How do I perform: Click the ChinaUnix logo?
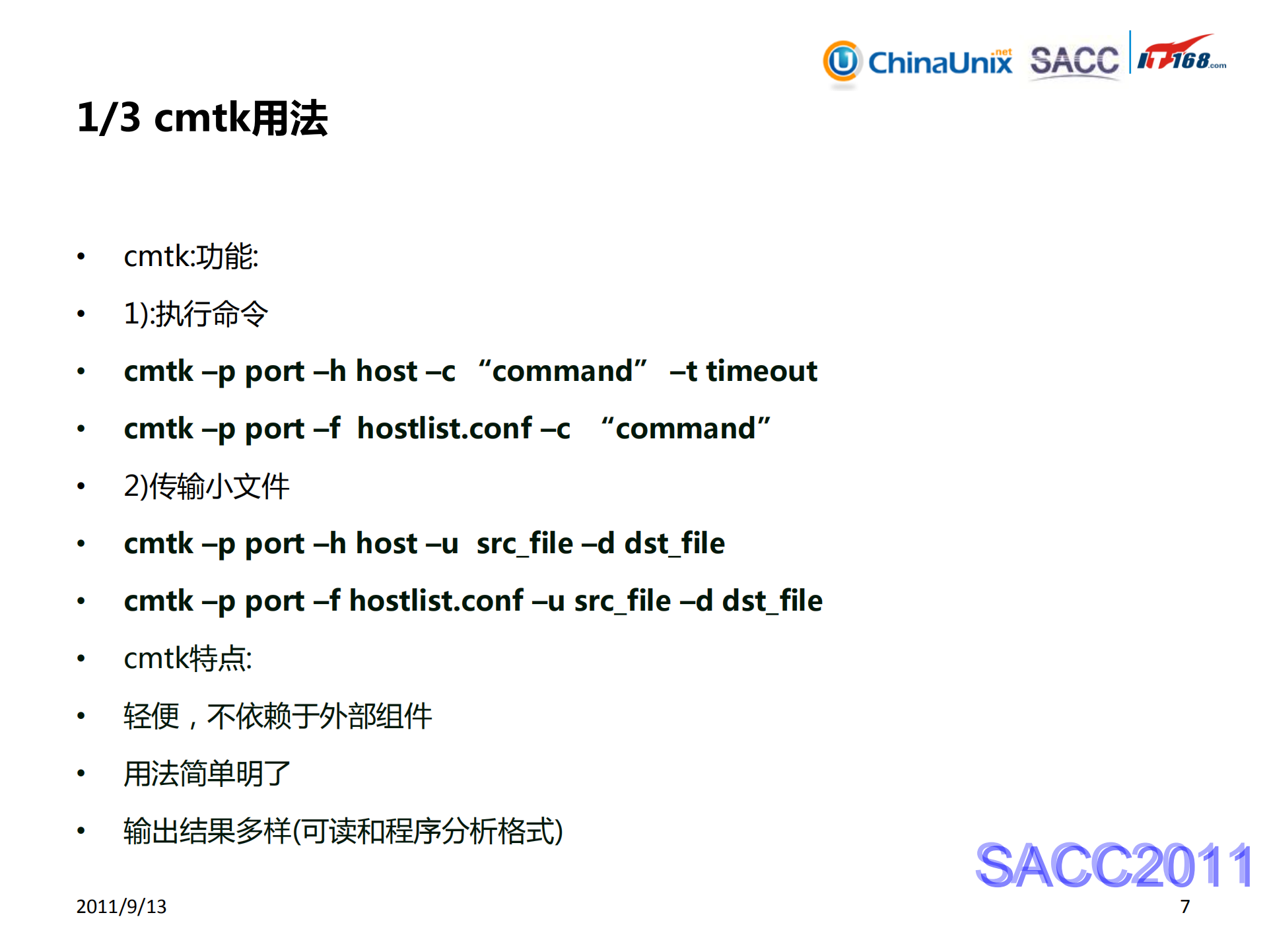pos(918,62)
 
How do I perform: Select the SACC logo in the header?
pos(1074,61)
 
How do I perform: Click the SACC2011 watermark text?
pos(1113,865)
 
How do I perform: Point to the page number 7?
pos(1185,906)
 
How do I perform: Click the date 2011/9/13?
pos(121,906)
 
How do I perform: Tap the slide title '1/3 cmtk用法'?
pos(202,118)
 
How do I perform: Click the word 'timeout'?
pos(761,371)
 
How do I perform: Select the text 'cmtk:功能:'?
pos(191,256)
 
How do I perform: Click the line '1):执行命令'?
pos(195,314)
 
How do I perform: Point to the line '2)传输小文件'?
pos(206,487)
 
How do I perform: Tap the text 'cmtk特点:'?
pos(188,658)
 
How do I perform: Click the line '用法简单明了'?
pos(207,774)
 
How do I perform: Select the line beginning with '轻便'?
pos(277,716)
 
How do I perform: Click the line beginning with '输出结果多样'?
pos(343,831)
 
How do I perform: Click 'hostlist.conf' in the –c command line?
pos(444,428)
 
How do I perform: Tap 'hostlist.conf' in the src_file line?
pos(436,601)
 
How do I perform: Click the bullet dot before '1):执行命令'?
pos(81,314)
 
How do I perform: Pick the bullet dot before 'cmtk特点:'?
pos(81,658)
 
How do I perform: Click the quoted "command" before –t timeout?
pos(563,371)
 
